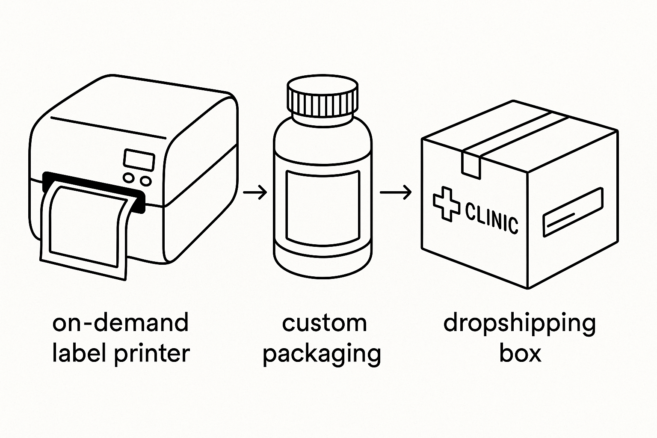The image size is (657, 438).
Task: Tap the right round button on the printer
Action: (x=146, y=181)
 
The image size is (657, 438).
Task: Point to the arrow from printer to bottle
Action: (x=255, y=192)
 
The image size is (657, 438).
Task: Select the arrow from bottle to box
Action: (x=395, y=192)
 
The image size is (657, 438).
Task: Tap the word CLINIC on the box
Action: (x=491, y=217)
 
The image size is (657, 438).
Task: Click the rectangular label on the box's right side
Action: (x=573, y=212)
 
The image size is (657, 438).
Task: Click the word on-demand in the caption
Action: (x=120, y=323)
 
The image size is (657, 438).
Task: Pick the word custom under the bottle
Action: (x=324, y=323)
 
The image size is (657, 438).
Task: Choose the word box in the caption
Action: (x=520, y=353)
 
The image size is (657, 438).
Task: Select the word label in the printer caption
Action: (x=76, y=353)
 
